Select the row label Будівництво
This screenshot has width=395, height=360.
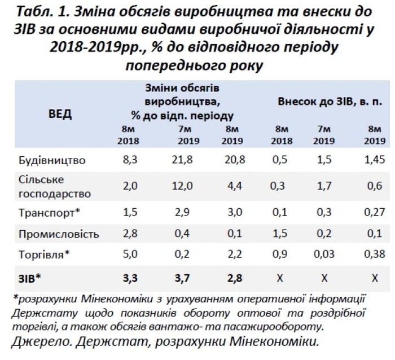point(51,161)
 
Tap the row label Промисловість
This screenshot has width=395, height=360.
point(59,234)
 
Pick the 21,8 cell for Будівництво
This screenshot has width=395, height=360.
point(182,161)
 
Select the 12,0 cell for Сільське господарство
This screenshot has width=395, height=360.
point(182,186)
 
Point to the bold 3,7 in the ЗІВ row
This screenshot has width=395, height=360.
point(182,278)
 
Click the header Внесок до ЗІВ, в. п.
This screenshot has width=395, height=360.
point(330,102)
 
